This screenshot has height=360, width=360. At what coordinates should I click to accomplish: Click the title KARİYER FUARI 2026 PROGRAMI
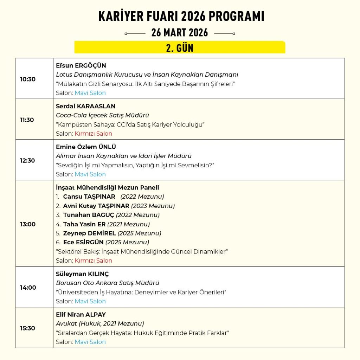(181, 17)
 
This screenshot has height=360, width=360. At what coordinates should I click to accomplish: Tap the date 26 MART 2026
(180, 33)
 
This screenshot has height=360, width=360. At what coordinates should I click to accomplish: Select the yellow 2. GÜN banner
(180, 47)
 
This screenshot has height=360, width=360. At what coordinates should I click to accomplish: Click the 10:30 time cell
(28, 79)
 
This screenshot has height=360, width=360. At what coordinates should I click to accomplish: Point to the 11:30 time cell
(27, 120)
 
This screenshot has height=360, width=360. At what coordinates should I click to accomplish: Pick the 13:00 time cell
(28, 224)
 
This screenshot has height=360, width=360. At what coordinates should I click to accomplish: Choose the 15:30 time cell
(28, 328)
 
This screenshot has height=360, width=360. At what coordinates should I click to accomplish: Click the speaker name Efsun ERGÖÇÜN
(81, 66)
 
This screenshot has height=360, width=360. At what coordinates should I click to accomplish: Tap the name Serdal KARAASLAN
(85, 106)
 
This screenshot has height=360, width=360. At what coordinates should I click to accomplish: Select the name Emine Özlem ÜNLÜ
(86, 147)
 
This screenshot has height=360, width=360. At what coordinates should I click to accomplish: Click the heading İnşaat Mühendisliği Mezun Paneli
(107, 188)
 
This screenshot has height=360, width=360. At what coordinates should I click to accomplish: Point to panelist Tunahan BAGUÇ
(89, 215)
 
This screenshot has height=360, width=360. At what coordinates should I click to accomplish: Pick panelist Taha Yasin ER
(84, 224)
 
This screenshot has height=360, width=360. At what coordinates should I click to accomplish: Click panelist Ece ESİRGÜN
(83, 242)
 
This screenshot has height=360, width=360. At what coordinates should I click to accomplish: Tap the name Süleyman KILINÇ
(82, 274)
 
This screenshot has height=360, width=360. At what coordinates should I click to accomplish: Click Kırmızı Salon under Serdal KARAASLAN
(93, 134)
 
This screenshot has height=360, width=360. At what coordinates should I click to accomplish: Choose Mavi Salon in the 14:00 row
(90, 301)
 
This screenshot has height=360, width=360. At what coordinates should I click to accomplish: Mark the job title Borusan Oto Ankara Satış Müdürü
(108, 283)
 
